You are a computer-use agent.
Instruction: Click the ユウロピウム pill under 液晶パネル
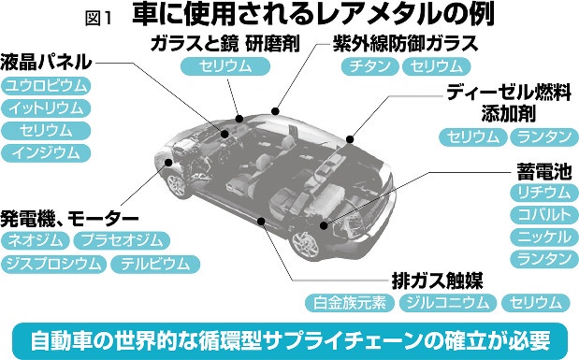[x=46, y=86]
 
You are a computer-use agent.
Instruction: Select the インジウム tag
[x=46, y=152]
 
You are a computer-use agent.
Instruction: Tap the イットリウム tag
[x=46, y=108]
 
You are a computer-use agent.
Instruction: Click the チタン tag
[x=370, y=66]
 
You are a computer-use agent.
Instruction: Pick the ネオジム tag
[x=36, y=240]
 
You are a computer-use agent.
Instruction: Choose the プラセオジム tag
[x=122, y=240]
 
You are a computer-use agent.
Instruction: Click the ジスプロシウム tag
[x=54, y=265]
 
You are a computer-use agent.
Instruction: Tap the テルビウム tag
[x=155, y=265]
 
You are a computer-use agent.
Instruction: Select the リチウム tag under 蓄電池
[x=544, y=193]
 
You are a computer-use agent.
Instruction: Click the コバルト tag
[x=544, y=215]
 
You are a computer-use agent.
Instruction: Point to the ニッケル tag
[x=544, y=238]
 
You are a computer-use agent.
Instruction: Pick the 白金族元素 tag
[x=350, y=303]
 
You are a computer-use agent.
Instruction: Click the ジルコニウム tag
[x=448, y=303]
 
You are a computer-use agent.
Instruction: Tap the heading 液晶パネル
[x=46, y=62]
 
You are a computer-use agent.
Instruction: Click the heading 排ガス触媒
[x=437, y=281]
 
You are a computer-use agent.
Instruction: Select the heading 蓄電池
[x=544, y=172]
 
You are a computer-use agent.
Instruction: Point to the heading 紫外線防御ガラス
[x=405, y=44]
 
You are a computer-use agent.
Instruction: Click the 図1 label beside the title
[x=98, y=19]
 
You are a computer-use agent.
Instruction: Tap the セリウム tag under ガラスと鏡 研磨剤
[x=225, y=66]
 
